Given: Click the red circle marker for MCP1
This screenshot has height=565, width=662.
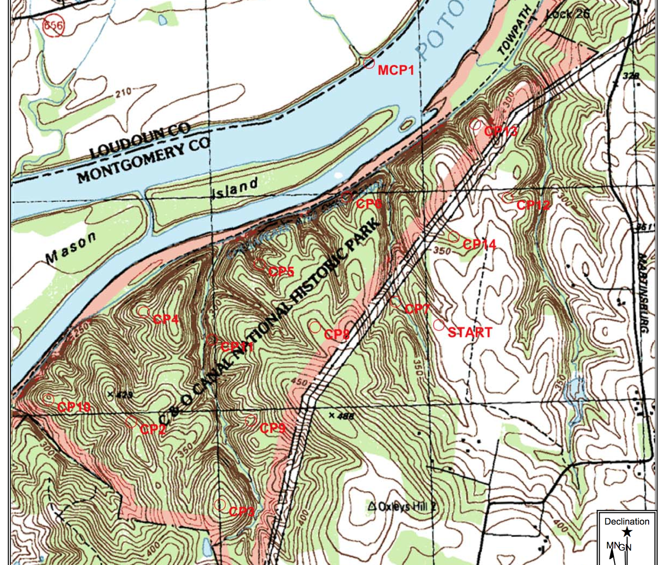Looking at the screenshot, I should (x=369, y=63).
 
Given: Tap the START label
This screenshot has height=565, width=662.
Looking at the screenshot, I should (x=470, y=332).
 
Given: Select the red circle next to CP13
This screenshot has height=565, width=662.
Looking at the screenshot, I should (x=476, y=124).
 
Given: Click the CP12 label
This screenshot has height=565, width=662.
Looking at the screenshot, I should (x=533, y=205).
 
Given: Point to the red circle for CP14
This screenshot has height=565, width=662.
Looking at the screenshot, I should (x=453, y=237).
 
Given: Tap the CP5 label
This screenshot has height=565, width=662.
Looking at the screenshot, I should (x=281, y=272).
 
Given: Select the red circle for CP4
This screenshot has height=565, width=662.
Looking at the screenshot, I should (x=144, y=311).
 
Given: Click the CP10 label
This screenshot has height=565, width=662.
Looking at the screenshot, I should (x=74, y=407).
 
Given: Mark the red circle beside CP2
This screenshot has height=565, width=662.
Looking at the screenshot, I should (x=131, y=422).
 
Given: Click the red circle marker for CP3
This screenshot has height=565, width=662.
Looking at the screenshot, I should (x=220, y=505).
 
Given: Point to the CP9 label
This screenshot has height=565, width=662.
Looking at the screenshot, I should (x=272, y=428).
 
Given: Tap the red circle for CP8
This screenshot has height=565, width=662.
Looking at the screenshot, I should (x=315, y=327).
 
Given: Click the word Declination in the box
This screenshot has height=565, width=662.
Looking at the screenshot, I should (x=626, y=522).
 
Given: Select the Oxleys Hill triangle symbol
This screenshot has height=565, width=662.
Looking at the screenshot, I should (x=372, y=506).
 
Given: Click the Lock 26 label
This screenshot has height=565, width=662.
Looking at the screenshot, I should (x=568, y=14).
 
